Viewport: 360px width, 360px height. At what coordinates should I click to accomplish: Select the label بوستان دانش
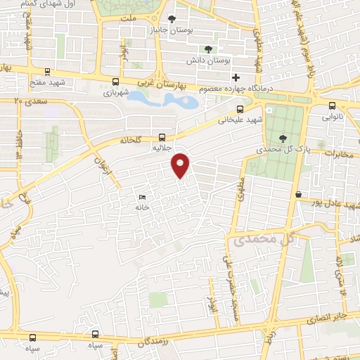click(x=208, y=60)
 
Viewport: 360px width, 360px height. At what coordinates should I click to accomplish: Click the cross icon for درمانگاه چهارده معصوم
click(x=236, y=77)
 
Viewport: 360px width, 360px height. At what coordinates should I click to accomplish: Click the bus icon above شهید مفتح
click(x=47, y=71)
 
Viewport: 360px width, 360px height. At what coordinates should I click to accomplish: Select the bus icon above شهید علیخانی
click(x=240, y=109)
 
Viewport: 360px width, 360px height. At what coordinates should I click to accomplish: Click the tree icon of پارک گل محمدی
click(x=283, y=139)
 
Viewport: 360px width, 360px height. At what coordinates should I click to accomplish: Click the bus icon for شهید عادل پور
click(x=299, y=193)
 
